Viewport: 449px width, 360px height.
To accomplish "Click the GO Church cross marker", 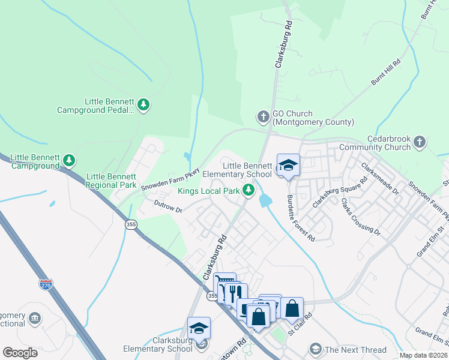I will [x=263, y=116].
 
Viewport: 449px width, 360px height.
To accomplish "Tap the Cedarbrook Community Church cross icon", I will [x=420, y=142].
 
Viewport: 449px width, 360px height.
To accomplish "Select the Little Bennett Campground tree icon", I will [x=70, y=160].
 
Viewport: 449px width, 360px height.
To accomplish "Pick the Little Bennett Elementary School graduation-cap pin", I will [x=288, y=166].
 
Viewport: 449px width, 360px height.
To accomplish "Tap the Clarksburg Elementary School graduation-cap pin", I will [x=199, y=328].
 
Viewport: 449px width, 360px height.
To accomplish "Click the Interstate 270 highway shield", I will [x=46, y=283].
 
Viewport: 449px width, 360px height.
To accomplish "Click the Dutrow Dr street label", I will [x=168, y=206].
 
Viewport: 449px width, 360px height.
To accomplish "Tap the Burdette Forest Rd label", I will [x=300, y=217].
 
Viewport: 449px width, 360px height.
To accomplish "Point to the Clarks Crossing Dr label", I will [x=361, y=216].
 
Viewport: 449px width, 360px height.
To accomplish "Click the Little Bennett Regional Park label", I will [x=112, y=181].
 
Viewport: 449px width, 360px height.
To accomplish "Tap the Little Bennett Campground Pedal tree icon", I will [x=143, y=106].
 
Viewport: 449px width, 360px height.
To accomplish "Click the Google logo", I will [x=20, y=352].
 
